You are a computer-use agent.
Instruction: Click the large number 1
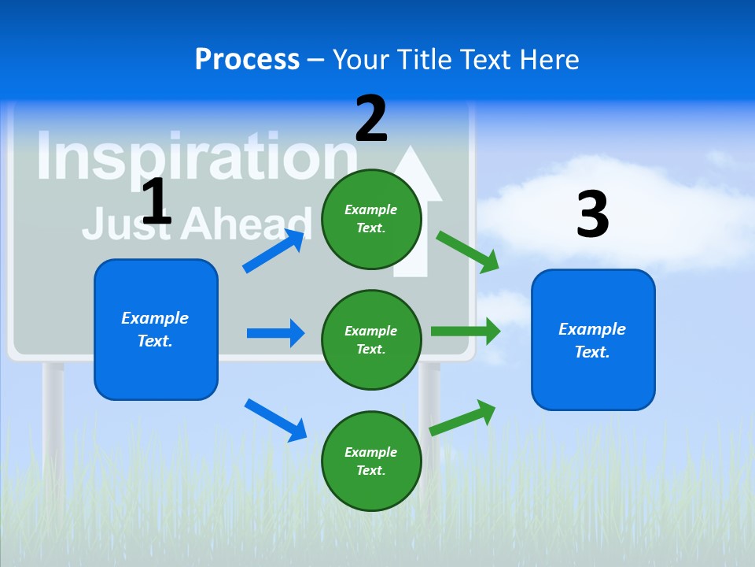click(157, 202)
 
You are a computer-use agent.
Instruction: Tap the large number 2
click(371, 119)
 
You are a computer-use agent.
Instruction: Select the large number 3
click(592, 215)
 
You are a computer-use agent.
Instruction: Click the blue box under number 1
click(156, 329)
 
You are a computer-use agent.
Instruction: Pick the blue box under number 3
click(593, 339)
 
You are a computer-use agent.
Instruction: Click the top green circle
click(371, 219)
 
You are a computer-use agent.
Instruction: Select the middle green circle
click(371, 339)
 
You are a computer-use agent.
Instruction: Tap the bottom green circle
click(371, 461)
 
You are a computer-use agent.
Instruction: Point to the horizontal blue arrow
click(275, 333)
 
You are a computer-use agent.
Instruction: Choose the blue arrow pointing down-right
click(275, 419)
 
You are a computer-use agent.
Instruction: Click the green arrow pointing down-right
click(467, 251)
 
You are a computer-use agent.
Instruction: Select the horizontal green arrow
click(465, 331)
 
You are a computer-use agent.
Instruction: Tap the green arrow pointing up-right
click(462, 417)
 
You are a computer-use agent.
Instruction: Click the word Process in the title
click(247, 59)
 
